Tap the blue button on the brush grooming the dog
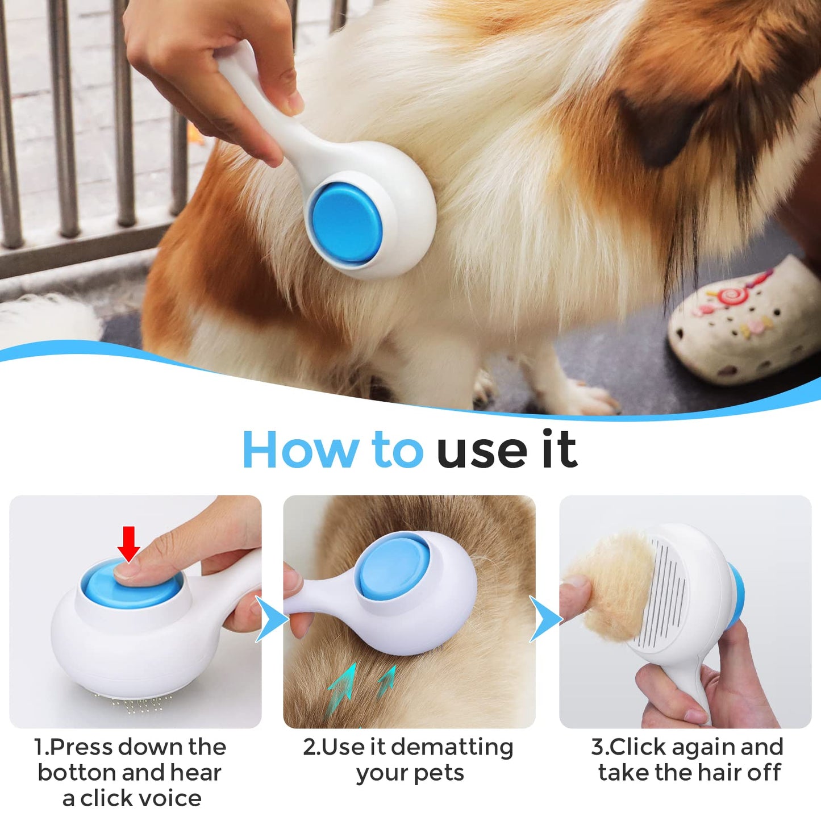[x=347, y=223]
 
